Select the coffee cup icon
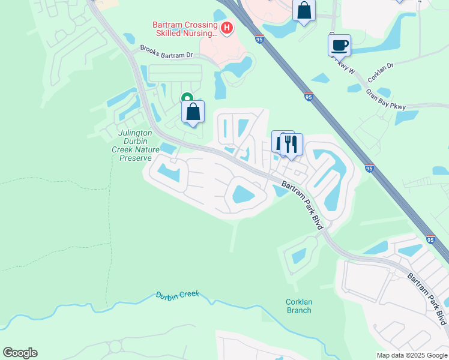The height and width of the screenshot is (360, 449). point(339,45)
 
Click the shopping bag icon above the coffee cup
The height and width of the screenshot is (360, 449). point(304,10)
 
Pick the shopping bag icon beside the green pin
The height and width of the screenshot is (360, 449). point(193,112)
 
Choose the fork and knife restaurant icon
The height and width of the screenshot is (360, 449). point(291,144)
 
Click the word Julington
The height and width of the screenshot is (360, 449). point(135,133)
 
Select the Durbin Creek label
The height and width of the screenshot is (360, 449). point(177,295)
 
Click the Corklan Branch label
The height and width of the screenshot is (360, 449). point(299,306)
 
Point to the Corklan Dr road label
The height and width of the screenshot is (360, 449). point(381,75)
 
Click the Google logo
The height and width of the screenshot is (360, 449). point(20,353)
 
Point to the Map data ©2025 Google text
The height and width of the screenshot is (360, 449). point(412,355)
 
